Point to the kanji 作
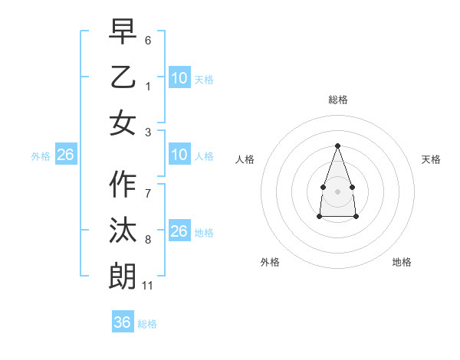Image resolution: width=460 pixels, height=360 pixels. [x=123, y=184]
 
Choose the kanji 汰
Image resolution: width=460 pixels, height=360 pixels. [x=123, y=231]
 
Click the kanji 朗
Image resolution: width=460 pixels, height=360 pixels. [x=123, y=276]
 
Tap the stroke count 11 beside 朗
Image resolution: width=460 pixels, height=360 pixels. [x=147, y=286]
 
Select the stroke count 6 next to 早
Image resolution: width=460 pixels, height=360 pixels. [x=147, y=40]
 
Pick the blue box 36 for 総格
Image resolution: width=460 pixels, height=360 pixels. [x=123, y=322]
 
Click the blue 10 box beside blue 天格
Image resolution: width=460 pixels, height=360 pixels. [x=179, y=77]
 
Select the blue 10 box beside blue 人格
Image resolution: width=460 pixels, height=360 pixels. [x=179, y=155]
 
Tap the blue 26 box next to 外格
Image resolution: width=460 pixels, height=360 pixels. [x=66, y=155]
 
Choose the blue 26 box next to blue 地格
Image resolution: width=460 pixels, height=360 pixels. [x=179, y=231]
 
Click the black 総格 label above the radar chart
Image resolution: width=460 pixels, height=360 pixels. [x=337, y=100]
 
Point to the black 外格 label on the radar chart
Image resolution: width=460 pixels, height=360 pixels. [x=270, y=262]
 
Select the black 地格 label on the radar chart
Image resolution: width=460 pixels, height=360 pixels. [x=402, y=262]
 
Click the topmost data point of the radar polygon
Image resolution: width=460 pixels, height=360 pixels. [x=337, y=146]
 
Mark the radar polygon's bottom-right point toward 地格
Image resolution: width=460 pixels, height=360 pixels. [x=356, y=217]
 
